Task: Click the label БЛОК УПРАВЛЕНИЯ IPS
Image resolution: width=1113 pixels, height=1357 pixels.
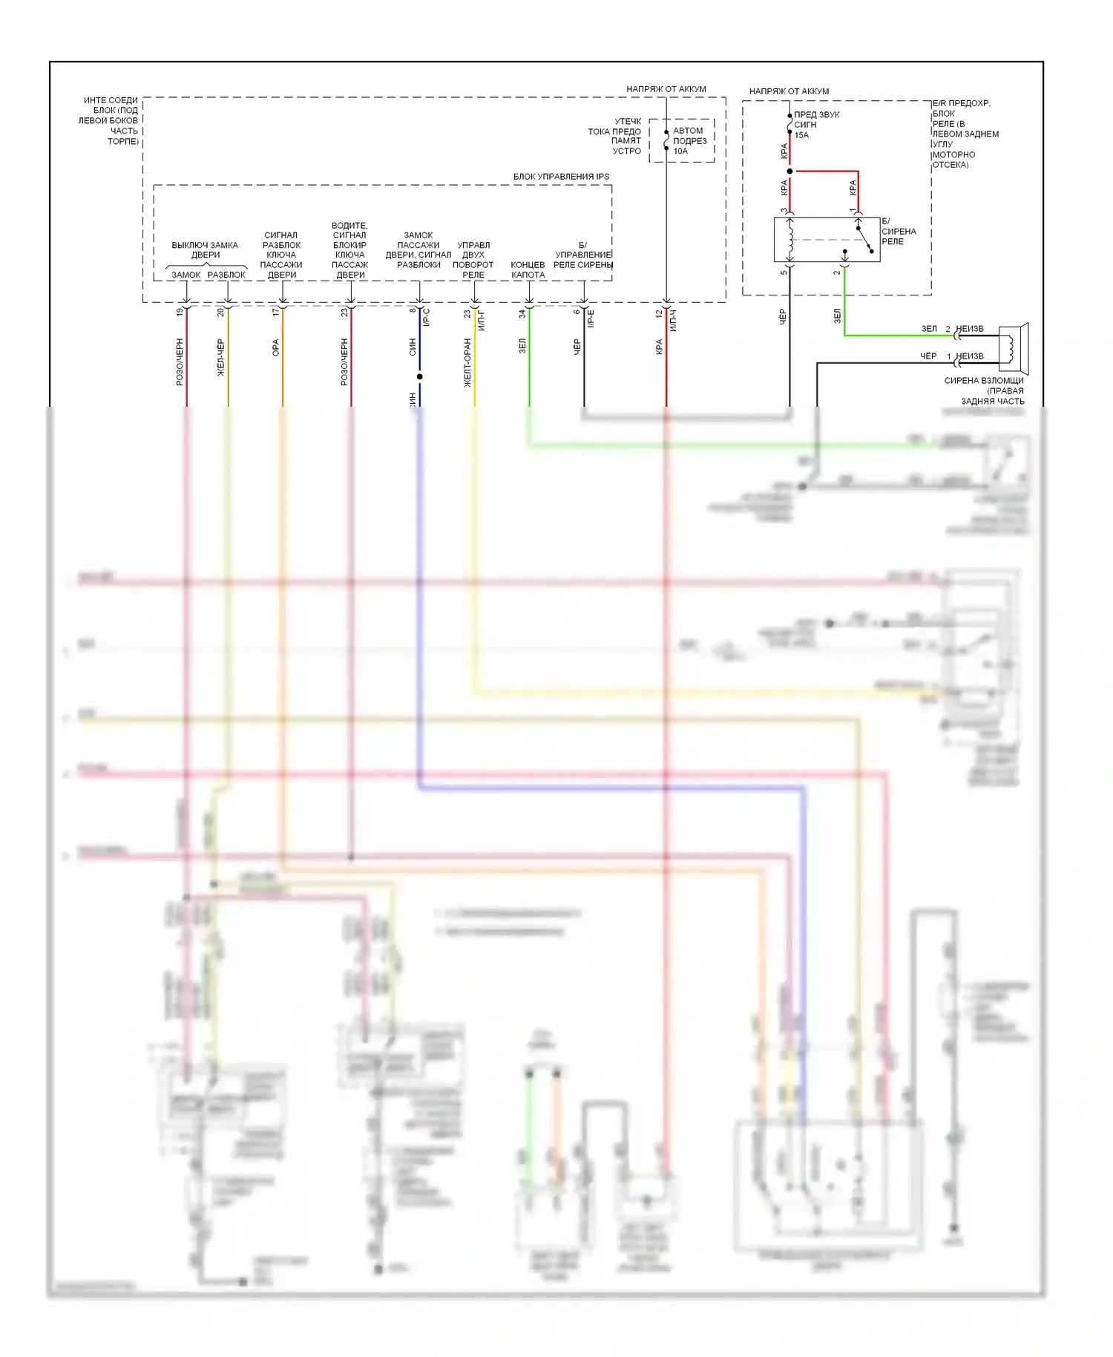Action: click(x=561, y=177)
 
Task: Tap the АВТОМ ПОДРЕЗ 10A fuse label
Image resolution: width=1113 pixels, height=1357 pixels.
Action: click(x=689, y=140)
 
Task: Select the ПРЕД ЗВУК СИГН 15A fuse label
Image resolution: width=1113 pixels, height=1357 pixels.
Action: click(x=816, y=125)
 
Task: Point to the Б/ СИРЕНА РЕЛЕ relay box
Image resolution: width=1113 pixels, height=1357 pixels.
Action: click(x=826, y=239)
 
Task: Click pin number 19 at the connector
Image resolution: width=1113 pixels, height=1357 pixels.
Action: click(x=180, y=313)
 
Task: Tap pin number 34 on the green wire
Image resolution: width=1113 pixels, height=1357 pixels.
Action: click(x=522, y=314)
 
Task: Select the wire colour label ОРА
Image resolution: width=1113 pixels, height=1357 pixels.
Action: click(x=275, y=347)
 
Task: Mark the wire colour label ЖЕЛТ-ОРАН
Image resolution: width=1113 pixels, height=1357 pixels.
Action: click(x=467, y=362)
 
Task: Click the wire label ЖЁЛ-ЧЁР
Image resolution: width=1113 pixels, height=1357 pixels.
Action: click(x=220, y=357)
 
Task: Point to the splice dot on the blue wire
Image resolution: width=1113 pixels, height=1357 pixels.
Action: click(x=419, y=376)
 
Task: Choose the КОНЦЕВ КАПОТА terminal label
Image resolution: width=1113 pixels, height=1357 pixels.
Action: click(x=528, y=269)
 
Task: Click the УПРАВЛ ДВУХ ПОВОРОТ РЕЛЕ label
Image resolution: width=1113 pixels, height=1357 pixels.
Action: click(x=473, y=260)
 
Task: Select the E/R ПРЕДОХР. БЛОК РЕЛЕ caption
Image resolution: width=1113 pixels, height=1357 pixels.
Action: click(x=965, y=134)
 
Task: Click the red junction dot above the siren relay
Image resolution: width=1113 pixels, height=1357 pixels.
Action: click(x=789, y=171)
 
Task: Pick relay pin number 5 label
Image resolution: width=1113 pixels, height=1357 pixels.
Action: click(x=784, y=272)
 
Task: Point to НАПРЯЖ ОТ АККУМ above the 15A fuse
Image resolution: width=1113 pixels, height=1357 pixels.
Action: click(x=789, y=91)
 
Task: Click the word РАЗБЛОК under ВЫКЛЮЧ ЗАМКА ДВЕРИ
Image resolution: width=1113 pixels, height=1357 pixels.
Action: click(x=226, y=275)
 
